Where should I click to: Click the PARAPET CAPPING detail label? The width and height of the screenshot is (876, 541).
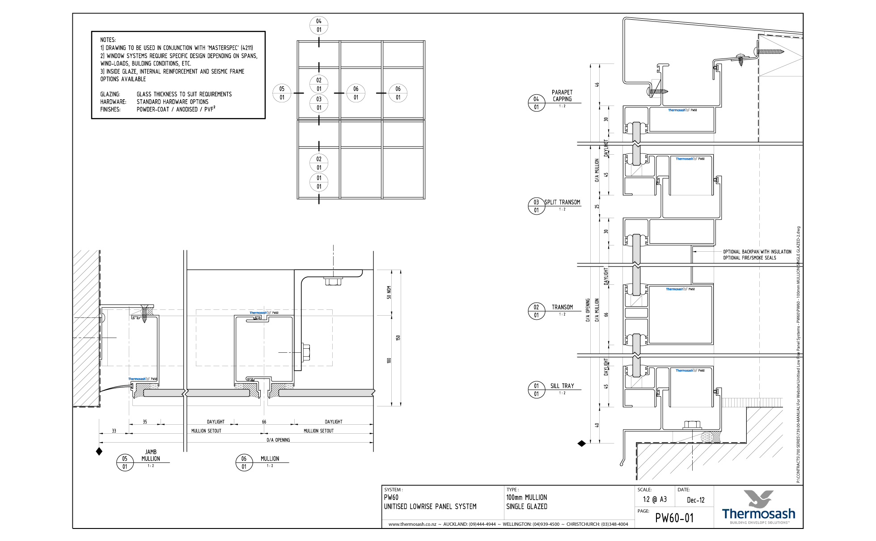point(562,96)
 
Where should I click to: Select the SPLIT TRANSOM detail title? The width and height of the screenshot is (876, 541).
point(562,202)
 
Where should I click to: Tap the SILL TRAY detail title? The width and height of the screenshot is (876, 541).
point(562,386)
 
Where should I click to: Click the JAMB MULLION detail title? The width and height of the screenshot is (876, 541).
point(151,455)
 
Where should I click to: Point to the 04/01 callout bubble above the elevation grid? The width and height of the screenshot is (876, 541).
point(319,25)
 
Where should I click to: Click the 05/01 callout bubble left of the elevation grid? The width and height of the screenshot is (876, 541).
point(282,93)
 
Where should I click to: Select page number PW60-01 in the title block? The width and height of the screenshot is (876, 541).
point(674,518)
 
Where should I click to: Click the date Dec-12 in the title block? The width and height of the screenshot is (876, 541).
point(695,500)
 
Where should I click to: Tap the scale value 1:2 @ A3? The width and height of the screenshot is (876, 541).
point(655,499)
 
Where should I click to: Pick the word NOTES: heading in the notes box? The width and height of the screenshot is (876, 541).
point(108,40)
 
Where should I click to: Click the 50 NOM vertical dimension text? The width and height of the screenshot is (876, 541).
point(389,292)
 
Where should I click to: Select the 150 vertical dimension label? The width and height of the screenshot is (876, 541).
point(398,338)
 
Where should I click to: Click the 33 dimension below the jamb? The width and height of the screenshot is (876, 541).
point(114,431)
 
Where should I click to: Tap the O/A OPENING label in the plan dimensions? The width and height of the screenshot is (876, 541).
point(278,440)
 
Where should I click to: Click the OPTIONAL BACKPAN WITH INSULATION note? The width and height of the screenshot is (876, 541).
point(757,252)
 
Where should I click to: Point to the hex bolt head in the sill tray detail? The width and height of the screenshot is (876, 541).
point(692,424)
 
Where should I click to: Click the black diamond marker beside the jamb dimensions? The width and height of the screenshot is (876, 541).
point(99,452)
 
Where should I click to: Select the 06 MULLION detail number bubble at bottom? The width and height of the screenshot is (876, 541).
point(244,462)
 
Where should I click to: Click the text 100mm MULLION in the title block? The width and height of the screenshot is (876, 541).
point(526,497)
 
